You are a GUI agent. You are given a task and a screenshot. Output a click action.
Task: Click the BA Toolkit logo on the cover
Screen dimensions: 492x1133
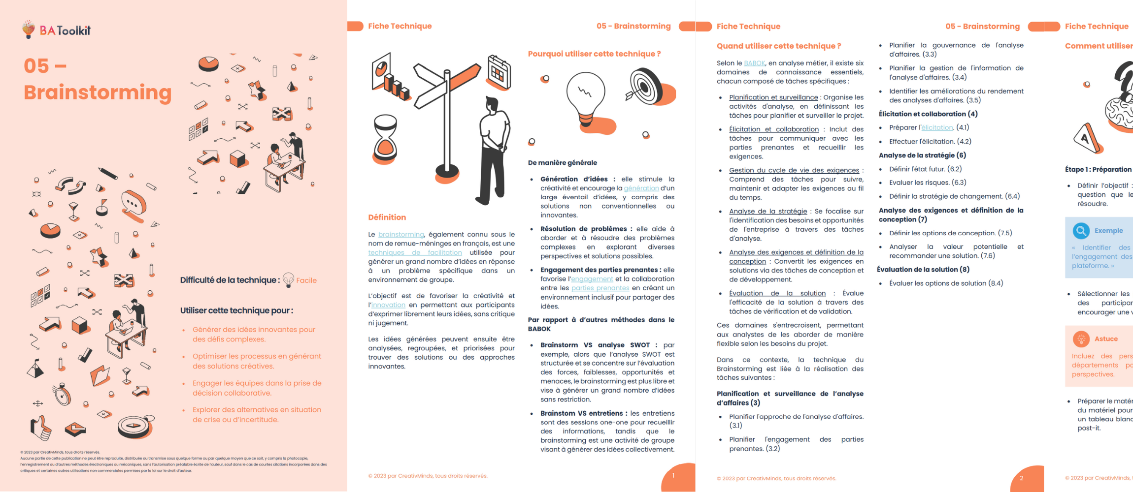pyautogui.click(x=56, y=30)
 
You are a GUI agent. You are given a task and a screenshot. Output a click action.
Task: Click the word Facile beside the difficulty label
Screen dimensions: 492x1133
pyautogui.click(x=306, y=280)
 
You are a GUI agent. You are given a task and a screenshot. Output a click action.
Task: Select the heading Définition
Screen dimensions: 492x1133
pyautogui.click(x=387, y=217)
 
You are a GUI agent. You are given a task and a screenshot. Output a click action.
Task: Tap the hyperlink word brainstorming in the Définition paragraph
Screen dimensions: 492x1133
pyautogui.click(x=401, y=234)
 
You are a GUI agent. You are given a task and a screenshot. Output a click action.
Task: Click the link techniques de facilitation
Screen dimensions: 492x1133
pyautogui.click(x=415, y=252)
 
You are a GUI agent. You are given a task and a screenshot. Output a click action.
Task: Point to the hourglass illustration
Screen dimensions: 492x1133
pyautogui.click(x=385, y=139)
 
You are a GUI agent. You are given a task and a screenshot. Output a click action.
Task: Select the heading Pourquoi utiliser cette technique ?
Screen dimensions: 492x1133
pyautogui.click(x=594, y=54)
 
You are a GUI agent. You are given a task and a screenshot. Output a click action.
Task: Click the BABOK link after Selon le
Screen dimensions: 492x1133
pyautogui.click(x=754, y=63)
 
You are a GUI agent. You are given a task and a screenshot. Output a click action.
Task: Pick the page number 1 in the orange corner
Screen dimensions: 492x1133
pyautogui.click(x=673, y=475)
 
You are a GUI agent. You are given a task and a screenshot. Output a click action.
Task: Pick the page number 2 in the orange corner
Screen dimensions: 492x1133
pyautogui.click(x=1022, y=478)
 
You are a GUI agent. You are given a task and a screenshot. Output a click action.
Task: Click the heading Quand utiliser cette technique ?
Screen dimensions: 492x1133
pyautogui.click(x=779, y=46)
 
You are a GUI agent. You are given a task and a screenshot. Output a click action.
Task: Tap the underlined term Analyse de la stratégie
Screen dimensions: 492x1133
pyautogui.click(x=768, y=211)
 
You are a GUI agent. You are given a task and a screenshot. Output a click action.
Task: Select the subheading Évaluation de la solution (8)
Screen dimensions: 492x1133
pyautogui.click(x=923, y=269)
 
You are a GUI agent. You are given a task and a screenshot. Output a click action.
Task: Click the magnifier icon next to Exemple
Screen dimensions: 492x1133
pyautogui.click(x=1081, y=230)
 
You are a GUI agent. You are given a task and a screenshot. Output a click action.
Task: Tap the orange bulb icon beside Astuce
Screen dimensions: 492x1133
pyautogui.click(x=1081, y=339)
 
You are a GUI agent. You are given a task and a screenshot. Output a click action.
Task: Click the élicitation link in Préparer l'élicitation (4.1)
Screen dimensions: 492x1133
pyautogui.click(x=937, y=127)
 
